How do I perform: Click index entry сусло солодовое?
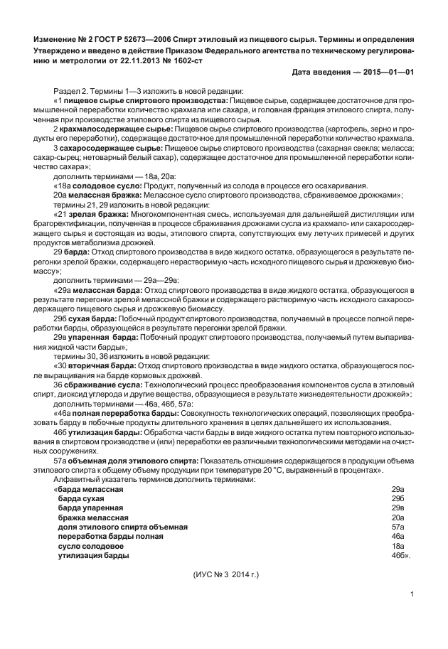click(93, 545)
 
